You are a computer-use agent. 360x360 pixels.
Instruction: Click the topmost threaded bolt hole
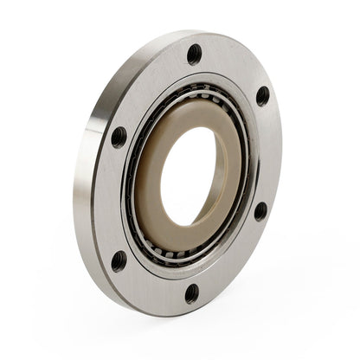pos(194,54)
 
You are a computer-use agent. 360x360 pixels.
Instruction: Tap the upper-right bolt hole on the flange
pos(262,95)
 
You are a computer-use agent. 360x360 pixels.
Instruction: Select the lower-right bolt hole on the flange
pos(260,209)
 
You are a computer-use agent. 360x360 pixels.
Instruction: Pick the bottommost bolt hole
pos(192,292)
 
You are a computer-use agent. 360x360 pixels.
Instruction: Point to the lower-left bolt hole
pos(119,260)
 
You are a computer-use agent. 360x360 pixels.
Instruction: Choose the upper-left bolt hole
pos(119,137)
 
